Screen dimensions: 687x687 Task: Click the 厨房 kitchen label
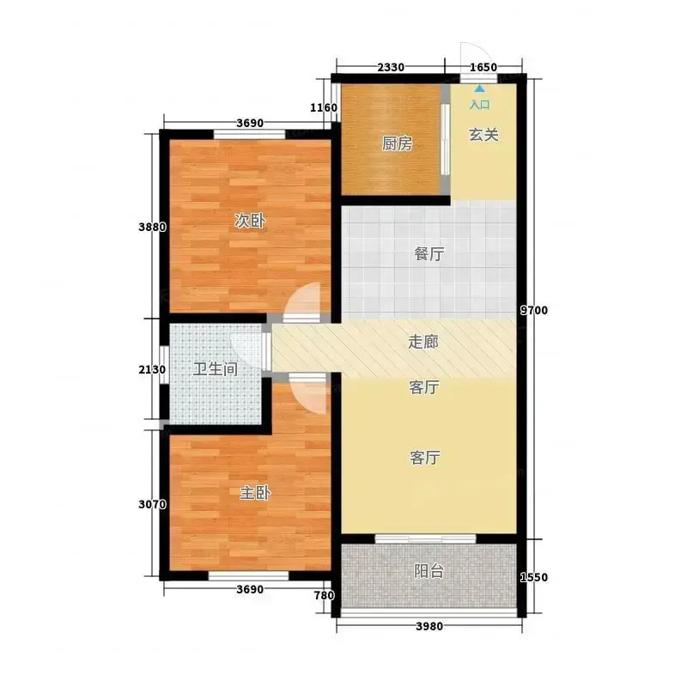397,143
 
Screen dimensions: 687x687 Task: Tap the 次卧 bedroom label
249,221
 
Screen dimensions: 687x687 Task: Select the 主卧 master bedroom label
255,493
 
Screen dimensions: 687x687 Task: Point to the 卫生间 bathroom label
216,369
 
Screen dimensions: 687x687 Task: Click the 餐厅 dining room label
429,253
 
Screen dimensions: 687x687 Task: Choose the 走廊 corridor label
423,342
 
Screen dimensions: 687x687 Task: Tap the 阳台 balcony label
429,571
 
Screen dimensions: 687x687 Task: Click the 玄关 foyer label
483,135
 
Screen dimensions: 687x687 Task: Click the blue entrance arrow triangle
480,88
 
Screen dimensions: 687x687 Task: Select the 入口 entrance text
480,105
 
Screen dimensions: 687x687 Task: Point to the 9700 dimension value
533,310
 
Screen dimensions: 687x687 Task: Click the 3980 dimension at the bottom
429,627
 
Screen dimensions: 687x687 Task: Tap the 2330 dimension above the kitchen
391,68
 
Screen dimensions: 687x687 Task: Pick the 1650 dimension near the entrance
483,68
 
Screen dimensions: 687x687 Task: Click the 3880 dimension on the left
153,227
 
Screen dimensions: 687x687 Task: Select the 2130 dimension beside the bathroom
153,370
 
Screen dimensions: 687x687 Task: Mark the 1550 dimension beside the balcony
533,577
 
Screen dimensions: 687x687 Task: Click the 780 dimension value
325,595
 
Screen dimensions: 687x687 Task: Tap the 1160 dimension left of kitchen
324,108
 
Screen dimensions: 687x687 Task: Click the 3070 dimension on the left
153,505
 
